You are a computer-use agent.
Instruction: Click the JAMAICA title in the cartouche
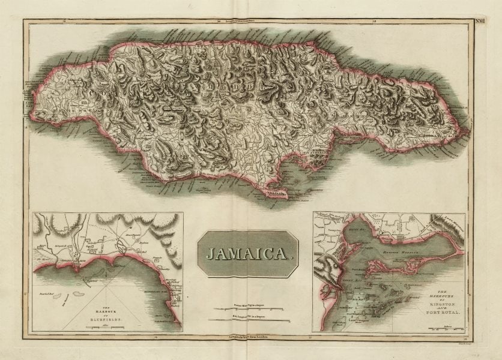click(248, 254)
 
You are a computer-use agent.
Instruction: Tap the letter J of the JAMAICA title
click(210, 254)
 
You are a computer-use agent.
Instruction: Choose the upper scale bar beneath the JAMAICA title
click(248, 310)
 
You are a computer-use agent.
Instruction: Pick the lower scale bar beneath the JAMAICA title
click(248, 320)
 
